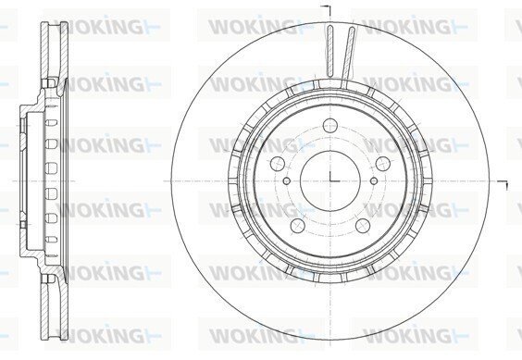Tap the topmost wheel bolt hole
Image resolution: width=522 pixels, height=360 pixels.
tap(330, 125)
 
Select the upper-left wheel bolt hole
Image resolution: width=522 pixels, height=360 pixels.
tap(278, 164)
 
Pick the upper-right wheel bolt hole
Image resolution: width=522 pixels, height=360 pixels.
tap(383, 164)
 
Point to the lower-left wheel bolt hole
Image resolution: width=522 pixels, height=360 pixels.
tap(298, 226)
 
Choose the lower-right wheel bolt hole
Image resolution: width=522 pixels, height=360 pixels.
tap(363, 226)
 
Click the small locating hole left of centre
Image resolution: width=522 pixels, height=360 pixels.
tap(287, 180)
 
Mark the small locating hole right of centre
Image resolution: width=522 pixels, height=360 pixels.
tap(374, 180)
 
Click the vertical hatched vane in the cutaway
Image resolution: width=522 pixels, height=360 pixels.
tap(329, 50)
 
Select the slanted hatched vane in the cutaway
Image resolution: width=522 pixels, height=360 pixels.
tap(348, 54)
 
